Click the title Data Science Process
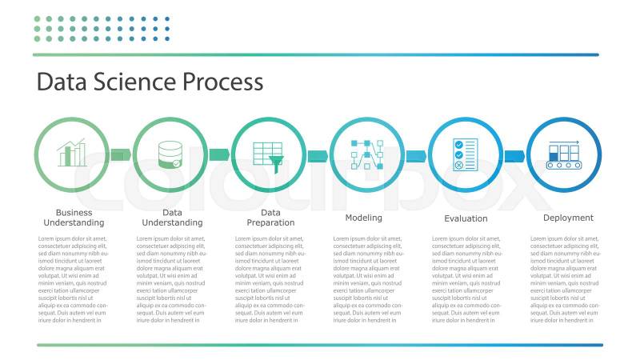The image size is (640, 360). pos(150,82)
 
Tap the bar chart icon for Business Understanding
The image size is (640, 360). pos(72,154)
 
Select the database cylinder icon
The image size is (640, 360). pos(170,154)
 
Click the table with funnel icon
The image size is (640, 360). pos(269,154)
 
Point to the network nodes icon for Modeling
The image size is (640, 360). pos(367,154)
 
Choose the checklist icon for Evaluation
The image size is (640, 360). pos(466,154)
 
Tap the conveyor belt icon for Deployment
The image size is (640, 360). pos(564,154)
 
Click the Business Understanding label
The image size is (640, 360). pos(74,218)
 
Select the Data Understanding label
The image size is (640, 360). pos(172,218)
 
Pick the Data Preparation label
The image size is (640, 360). pos(270,218)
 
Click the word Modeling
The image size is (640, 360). pos(363,218)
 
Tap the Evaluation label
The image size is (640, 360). pos(466,218)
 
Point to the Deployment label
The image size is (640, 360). pos(568,218)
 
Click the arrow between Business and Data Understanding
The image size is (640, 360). pos(121,154)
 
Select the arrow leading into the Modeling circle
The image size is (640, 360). pos(318,155)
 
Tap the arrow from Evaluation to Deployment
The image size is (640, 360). pos(514,155)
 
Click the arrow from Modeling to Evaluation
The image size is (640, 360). pos(416,155)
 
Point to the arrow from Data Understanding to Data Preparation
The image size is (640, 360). pos(219,154)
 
